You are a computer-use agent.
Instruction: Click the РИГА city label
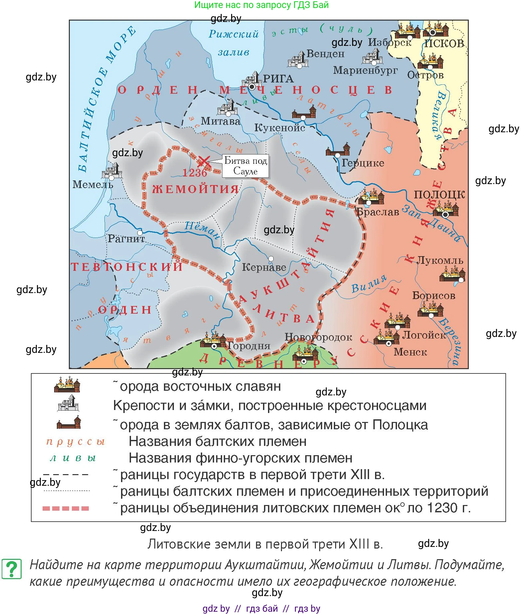278,79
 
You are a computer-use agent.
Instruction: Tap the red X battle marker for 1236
203,162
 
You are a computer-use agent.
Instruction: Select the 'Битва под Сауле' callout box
246,166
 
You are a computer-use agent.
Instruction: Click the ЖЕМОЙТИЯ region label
196,189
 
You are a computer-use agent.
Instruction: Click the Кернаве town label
264,267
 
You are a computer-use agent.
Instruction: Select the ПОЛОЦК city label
439,194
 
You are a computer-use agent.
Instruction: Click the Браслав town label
377,212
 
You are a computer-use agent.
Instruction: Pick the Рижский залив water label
233,43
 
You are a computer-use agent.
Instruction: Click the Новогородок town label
318,337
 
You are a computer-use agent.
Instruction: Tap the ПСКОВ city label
444,44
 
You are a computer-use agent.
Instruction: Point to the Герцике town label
363,163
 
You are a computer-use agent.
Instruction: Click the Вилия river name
369,284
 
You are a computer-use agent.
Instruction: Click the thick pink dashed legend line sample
66,508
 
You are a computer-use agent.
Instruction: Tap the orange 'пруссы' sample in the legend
75,442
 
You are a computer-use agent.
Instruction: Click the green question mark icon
12,569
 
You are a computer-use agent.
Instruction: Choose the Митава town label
220,121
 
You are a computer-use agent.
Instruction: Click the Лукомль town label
440,260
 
